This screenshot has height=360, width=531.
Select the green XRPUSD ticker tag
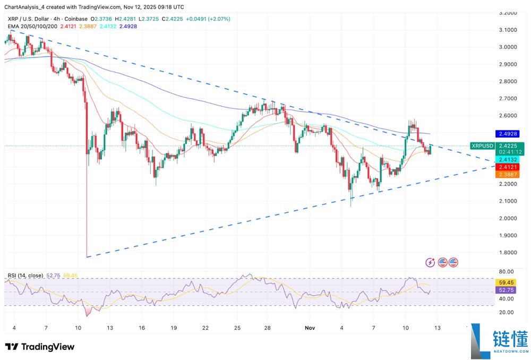click(482, 145)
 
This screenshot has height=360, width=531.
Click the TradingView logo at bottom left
click(40, 347)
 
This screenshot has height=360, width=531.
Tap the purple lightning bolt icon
click(432, 262)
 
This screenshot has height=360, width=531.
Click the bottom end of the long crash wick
click(86, 257)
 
